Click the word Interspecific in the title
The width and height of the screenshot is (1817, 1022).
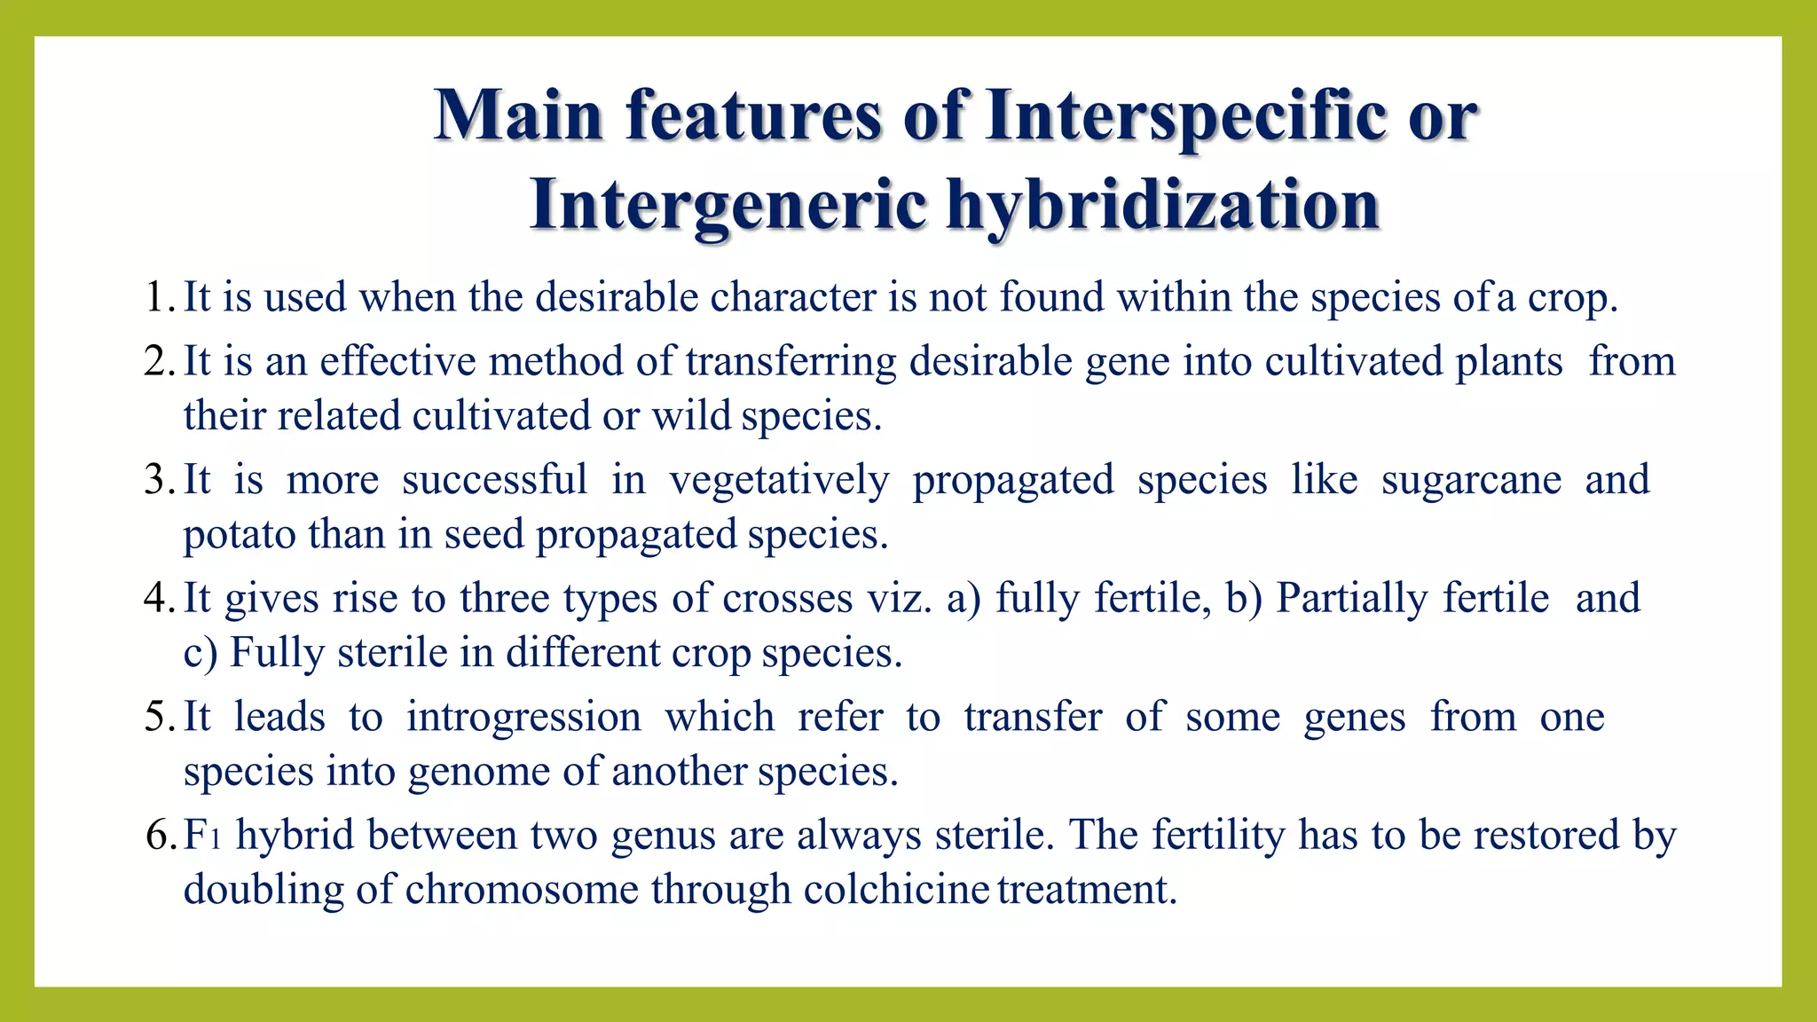1185,116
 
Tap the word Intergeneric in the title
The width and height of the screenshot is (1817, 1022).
728,205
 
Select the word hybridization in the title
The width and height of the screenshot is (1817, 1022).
1162,205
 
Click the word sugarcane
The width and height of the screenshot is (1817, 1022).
1471,480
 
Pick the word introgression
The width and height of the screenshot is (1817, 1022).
523,717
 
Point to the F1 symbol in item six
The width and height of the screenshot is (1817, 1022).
201,835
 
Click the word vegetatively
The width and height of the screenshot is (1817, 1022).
779,480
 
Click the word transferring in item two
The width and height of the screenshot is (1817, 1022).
791,362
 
